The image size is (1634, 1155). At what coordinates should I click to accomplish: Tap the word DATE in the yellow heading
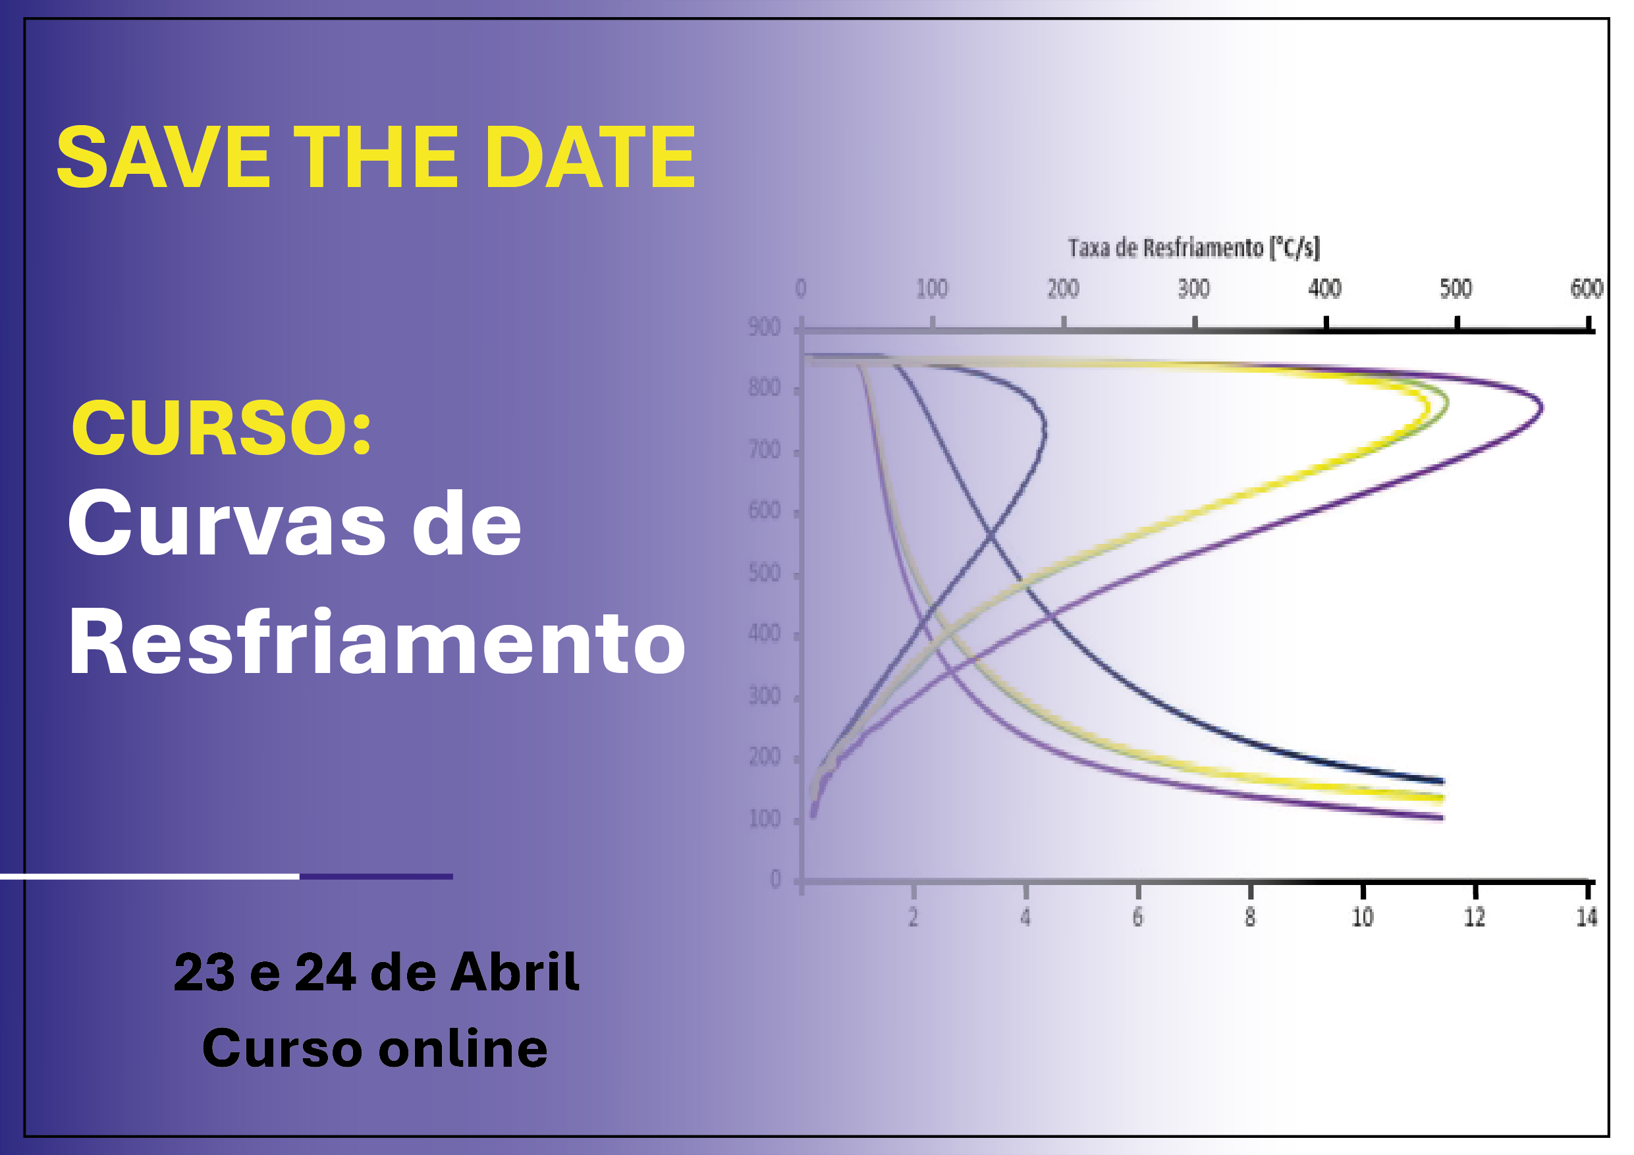pyautogui.click(x=590, y=157)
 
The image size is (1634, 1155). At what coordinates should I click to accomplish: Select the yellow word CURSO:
pyautogui.click(x=221, y=427)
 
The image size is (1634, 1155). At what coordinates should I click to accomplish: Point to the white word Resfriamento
pyautogui.click(x=377, y=641)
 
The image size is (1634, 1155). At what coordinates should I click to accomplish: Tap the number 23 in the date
pyautogui.click(x=204, y=972)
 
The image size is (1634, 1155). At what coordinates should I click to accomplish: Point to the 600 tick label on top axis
pyautogui.click(x=1587, y=288)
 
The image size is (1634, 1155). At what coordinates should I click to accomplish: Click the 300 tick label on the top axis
pyautogui.click(x=1193, y=288)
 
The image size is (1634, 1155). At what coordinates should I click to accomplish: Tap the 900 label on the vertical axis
pyautogui.click(x=765, y=327)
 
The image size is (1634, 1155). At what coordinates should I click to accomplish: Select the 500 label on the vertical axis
pyautogui.click(x=765, y=573)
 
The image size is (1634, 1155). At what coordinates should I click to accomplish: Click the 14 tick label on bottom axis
pyautogui.click(x=1587, y=917)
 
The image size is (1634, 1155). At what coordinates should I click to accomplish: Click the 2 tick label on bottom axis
pyautogui.click(x=913, y=917)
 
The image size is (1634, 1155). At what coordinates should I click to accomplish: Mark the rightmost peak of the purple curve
pyautogui.click(x=1542, y=408)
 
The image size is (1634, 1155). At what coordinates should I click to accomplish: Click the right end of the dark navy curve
pyautogui.click(x=1442, y=782)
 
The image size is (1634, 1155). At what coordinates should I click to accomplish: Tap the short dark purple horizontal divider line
pyautogui.click(x=377, y=876)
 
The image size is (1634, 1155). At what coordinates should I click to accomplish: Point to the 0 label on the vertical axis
pyautogui.click(x=775, y=880)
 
